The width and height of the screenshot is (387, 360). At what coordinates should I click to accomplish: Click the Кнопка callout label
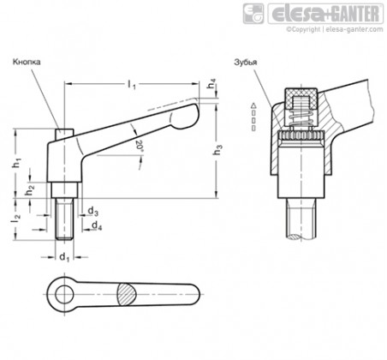(27, 62)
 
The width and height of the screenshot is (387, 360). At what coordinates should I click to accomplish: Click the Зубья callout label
(246, 63)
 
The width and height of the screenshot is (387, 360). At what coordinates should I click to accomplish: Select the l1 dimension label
(132, 85)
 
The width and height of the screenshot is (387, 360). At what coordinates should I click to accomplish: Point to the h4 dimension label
(211, 82)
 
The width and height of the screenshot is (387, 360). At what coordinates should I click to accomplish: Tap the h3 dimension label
(217, 150)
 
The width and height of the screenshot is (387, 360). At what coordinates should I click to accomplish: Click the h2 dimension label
(30, 190)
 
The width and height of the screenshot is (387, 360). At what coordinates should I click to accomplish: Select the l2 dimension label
(16, 219)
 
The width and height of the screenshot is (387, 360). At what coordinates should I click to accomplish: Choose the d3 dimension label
(93, 212)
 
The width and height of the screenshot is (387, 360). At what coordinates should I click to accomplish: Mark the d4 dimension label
(97, 225)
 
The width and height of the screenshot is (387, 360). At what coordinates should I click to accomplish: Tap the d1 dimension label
(64, 257)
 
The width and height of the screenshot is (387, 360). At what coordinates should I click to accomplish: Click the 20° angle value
(139, 145)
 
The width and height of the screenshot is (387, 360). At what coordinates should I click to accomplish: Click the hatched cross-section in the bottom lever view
(126, 295)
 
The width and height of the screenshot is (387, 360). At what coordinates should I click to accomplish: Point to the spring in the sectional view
(301, 117)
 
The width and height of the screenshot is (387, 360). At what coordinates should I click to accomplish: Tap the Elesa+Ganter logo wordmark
(325, 14)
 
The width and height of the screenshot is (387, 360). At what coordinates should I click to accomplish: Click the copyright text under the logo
(335, 29)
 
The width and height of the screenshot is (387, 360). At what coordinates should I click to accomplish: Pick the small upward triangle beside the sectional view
(253, 106)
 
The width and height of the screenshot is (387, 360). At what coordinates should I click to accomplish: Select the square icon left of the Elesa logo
(253, 14)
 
